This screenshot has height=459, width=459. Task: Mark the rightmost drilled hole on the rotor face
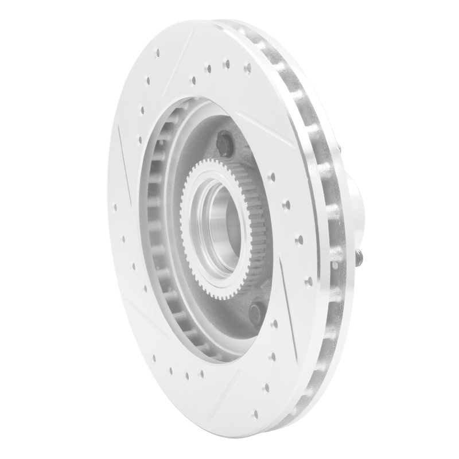(309, 281)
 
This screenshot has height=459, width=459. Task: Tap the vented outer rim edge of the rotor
(321, 229)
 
